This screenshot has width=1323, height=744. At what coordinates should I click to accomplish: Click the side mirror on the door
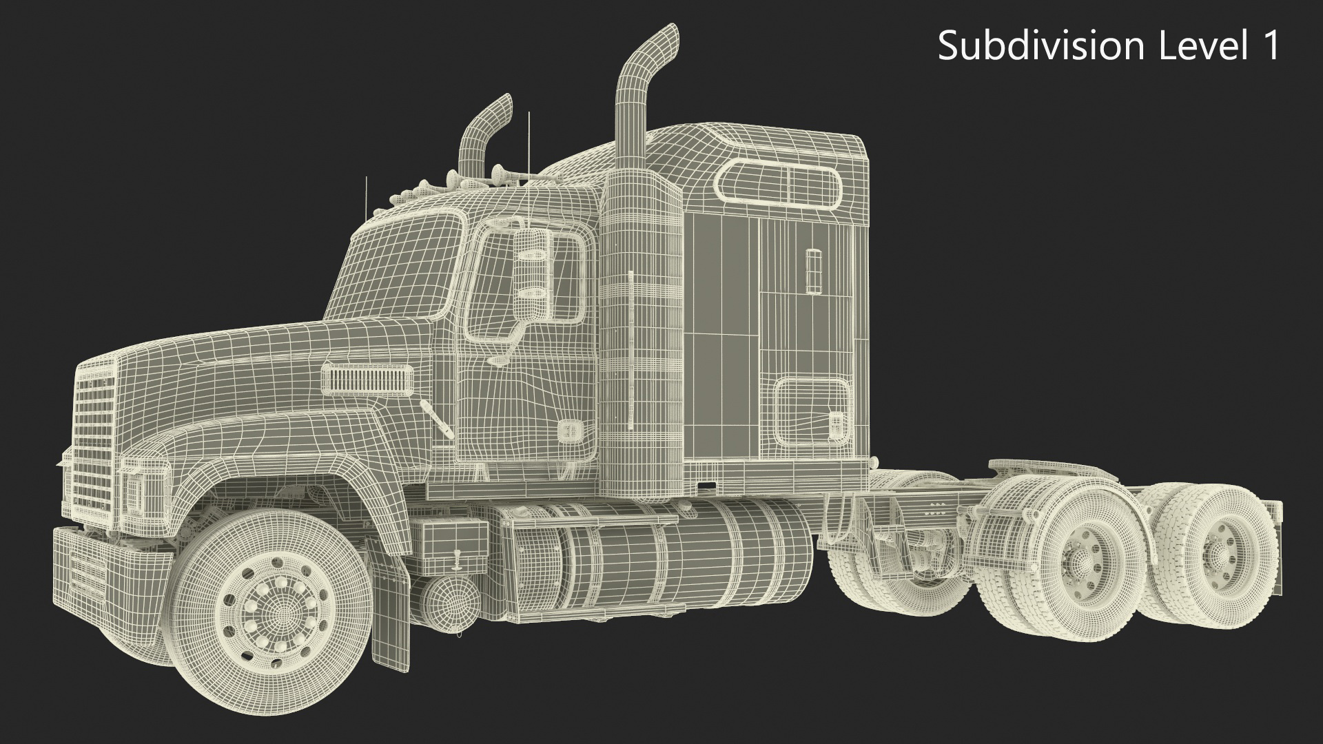(533, 269)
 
